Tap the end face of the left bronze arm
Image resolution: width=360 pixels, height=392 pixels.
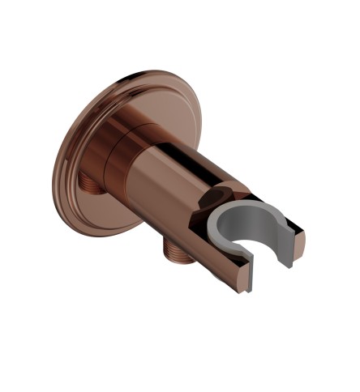coord(244,280)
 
